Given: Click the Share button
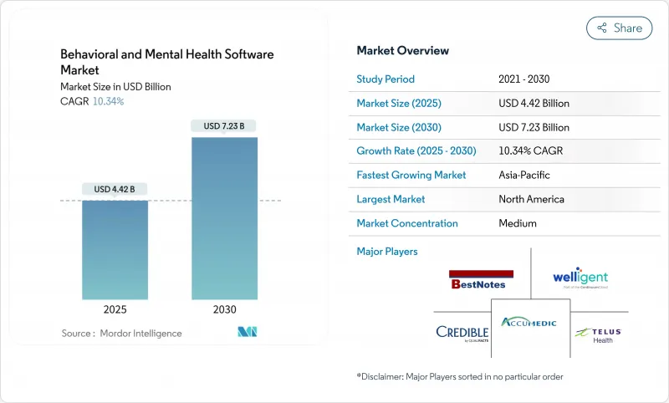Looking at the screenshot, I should click(619, 28).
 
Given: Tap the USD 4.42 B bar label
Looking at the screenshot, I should click(115, 189).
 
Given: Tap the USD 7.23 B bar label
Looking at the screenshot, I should click(224, 126).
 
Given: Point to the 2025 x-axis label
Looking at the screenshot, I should click(115, 309).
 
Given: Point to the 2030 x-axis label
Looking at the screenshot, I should click(224, 309).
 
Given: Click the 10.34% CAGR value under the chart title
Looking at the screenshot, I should click(108, 101).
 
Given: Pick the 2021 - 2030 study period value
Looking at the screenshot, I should click(525, 79).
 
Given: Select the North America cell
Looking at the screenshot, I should click(531, 200).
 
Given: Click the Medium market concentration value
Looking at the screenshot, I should click(517, 224).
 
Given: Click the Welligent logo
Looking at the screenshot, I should click(580, 278).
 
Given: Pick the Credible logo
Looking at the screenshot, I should click(462, 332).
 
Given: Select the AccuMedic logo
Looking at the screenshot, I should click(531, 322).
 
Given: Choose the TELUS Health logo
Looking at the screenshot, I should click(599, 334).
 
